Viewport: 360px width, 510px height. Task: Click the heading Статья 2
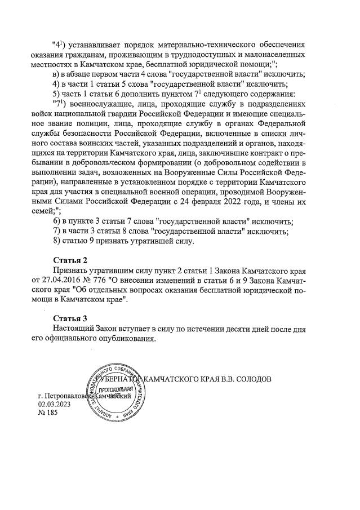pyautogui.click(x=70, y=260)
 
